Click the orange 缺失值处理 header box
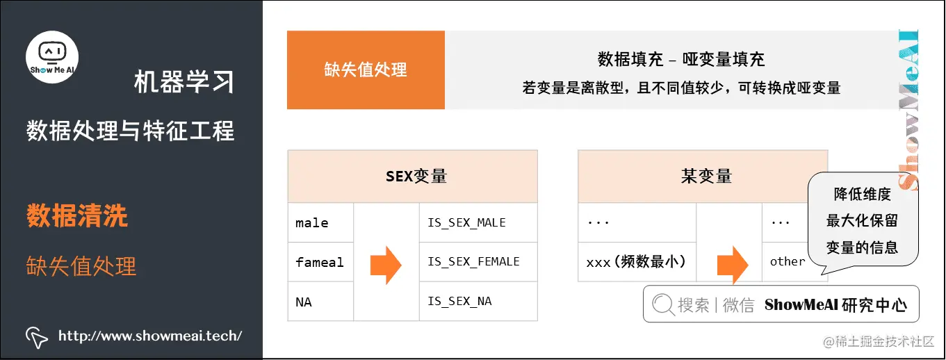[366, 69]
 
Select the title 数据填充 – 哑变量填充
[681, 59]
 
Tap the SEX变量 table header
[416, 177]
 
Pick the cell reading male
[312, 223]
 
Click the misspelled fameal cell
[320, 262]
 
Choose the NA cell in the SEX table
[304, 302]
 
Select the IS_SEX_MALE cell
[466, 223]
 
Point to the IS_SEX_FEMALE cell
[473, 262]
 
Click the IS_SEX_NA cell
[460, 302]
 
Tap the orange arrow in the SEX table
[386, 264]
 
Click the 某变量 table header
[706, 177]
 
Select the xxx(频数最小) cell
[636, 262]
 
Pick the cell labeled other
[787, 262]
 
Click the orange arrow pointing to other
[732, 265]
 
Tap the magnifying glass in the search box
[664, 304]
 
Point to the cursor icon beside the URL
[37, 336]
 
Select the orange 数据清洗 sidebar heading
[77, 216]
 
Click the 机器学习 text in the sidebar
[184, 83]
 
